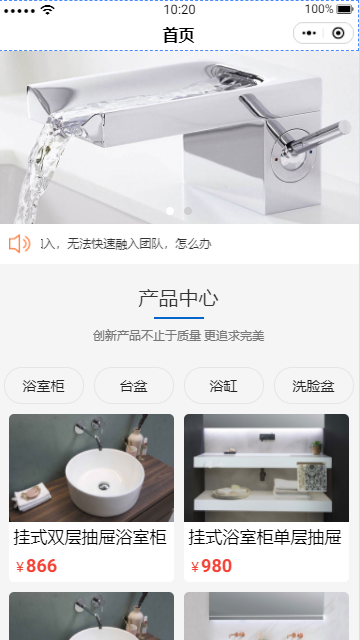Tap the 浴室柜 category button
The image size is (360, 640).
(44, 385)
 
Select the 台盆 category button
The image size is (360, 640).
(134, 385)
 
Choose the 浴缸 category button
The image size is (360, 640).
(224, 385)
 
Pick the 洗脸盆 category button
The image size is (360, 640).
(313, 385)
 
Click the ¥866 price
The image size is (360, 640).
(36, 566)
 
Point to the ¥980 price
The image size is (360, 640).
(211, 566)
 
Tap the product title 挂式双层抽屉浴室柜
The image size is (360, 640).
(90, 537)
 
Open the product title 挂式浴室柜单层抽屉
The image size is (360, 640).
(264, 537)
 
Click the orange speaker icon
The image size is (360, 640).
(20, 244)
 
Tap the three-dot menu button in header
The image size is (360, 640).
(309, 33)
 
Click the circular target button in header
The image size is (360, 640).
(338, 33)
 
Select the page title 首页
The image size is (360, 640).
(178, 35)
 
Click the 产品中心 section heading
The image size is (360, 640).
(178, 298)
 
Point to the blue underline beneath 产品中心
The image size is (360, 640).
(179, 318)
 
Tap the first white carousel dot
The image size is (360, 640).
(170, 211)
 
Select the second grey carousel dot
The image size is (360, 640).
(188, 211)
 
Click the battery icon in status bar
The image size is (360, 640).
(345, 9)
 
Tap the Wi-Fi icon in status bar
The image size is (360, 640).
(48, 10)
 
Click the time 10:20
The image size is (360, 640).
(179, 9)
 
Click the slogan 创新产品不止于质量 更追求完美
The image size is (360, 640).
(178, 336)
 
